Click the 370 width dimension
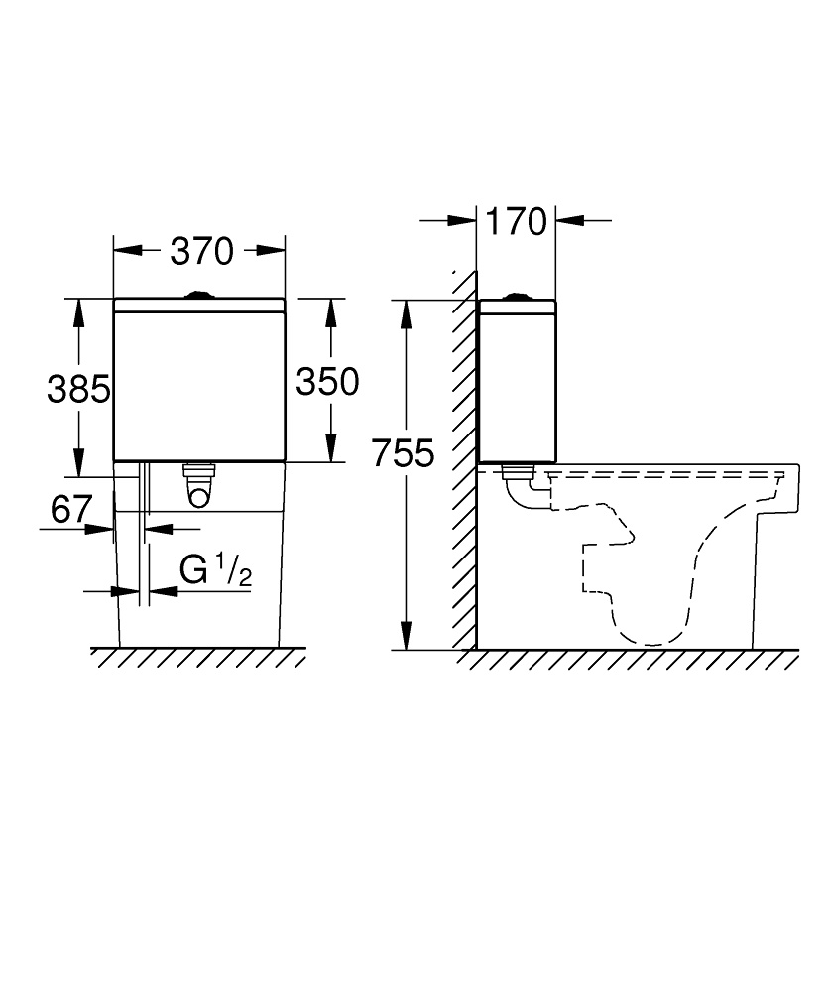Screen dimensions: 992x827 pos(200,252)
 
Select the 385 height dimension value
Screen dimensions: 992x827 pos(78,389)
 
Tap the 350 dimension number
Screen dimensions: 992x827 pos(327,381)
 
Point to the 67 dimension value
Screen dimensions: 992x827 pos(71,510)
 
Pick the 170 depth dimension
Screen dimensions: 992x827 pos(516,222)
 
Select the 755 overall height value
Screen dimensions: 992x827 pos(404,454)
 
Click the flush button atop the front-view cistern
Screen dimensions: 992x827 pos(199,294)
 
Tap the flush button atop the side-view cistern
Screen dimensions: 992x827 pos(516,295)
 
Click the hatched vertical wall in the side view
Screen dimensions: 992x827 pos(463,456)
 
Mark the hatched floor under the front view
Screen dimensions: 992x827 pos(198,658)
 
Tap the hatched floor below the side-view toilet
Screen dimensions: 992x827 pos(635,658)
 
